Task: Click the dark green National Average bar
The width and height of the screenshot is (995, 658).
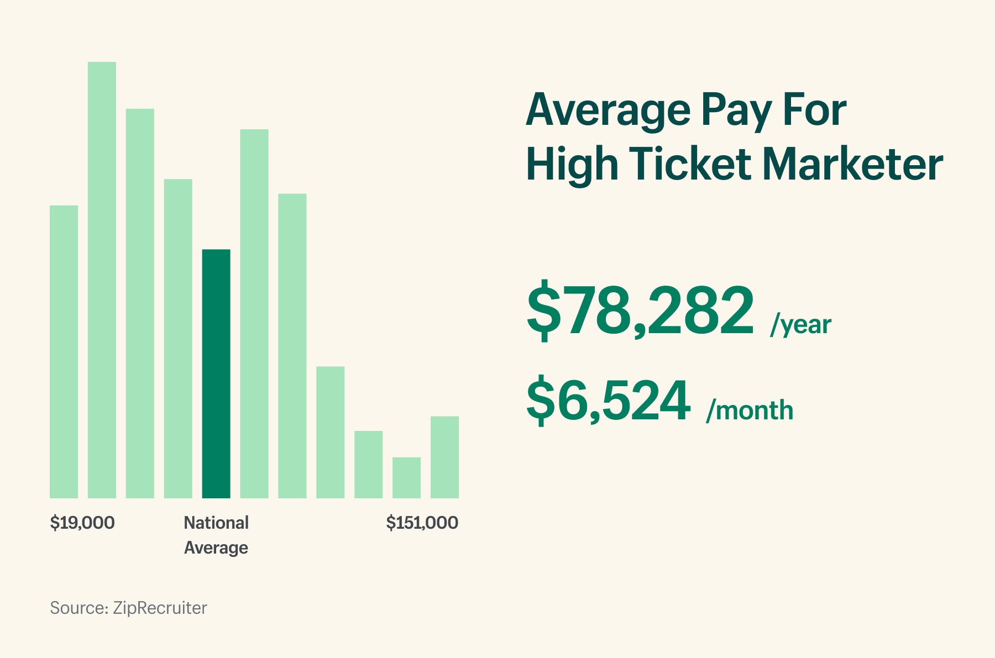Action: click(x=216, y=373)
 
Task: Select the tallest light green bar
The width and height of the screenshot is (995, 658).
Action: click(x=102, y=280)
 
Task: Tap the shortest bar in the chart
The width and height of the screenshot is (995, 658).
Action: click(x=406, y=477)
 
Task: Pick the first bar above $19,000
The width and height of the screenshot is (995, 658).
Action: click(x=64, y=351)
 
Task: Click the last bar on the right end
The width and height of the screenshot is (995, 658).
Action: click(x=444, y=457)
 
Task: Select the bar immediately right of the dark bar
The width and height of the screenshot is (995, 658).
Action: click(x=254, y=313)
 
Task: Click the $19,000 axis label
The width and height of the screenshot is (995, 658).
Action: click(x=82, y=523)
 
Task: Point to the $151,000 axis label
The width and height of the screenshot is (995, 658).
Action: click(x=422, y=523)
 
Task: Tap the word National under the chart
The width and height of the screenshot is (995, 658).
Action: click(x=216, y=523)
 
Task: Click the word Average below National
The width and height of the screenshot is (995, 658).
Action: click(x=216, y=548)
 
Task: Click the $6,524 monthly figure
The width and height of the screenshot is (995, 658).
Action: click(x=608, y=400)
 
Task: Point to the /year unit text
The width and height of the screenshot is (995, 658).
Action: click(x=801, y=324)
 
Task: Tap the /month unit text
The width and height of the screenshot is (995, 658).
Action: click(x=750, y=410)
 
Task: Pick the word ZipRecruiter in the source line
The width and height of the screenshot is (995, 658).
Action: click(x=160, y=608)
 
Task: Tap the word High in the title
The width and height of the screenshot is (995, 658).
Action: click(x=572, y=165)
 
